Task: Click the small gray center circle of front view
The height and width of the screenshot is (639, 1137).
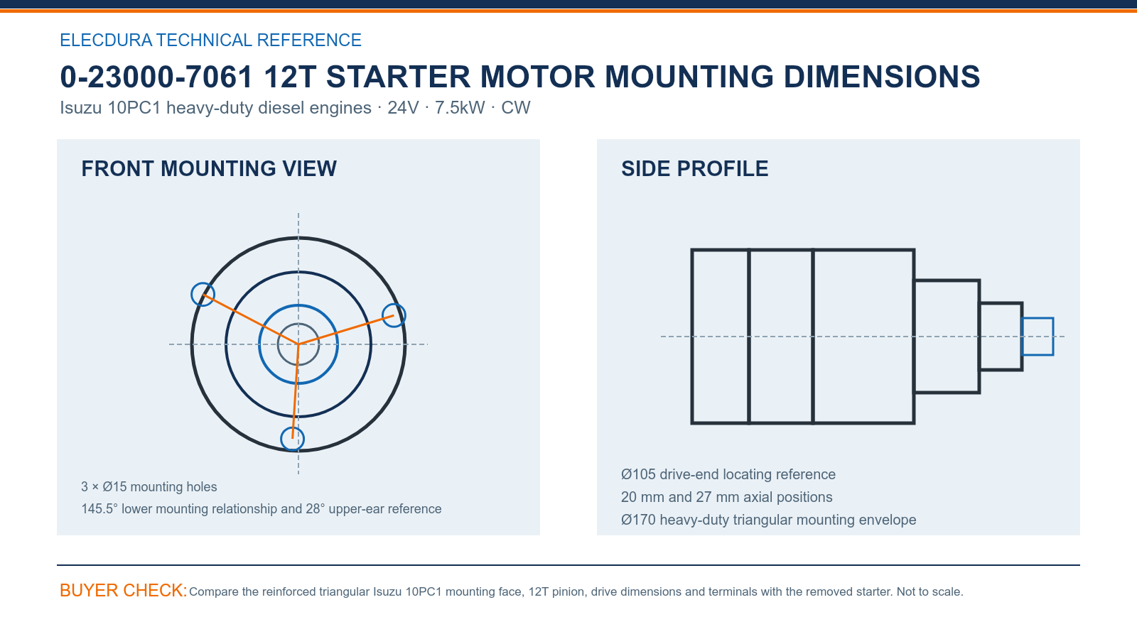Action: (x=298, y=324)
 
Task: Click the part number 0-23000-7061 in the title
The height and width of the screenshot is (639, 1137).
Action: (x=156, y=77)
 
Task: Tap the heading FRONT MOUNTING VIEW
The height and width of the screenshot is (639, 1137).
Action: (x=209, y=169)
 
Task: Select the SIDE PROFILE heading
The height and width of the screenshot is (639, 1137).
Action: (x=694, y=169)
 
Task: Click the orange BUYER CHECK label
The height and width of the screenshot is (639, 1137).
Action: (x=124, y=590)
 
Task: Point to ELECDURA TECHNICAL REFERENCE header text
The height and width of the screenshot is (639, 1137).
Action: (x=210, y=40)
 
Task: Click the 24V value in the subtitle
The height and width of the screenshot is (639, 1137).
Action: (x=403, y=107)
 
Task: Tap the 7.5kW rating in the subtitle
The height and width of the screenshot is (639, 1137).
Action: (x=459, y=107)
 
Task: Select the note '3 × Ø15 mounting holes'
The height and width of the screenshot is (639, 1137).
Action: (x=149, y=487)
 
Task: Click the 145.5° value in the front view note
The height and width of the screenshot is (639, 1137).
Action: (x=99, y=508)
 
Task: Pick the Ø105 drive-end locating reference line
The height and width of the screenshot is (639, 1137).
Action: (x=728, y=474)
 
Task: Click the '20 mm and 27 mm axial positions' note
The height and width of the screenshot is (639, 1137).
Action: (x=726, y=497)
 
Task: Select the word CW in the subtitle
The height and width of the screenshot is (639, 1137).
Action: (x=516, y=107)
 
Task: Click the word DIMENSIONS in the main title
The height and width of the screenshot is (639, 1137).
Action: (x=882, y=77)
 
